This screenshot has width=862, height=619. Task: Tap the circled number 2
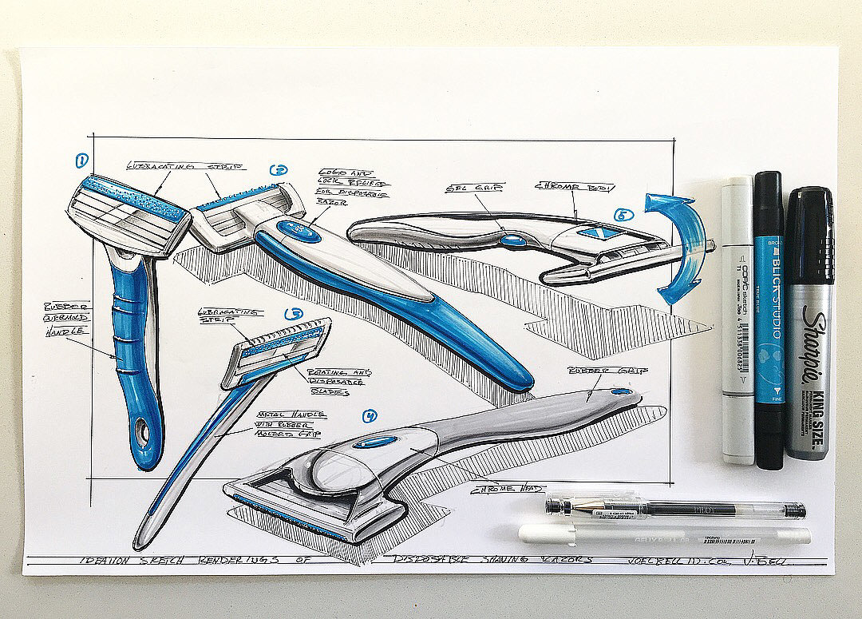click(279, 169)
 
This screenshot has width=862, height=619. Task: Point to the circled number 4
click(369, 416)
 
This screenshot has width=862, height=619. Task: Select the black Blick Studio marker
click(770, 319)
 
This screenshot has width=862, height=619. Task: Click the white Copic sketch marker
click(737, 319)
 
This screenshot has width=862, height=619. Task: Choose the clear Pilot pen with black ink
click(674, 506)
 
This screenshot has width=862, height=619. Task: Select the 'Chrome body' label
click(575, 188)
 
